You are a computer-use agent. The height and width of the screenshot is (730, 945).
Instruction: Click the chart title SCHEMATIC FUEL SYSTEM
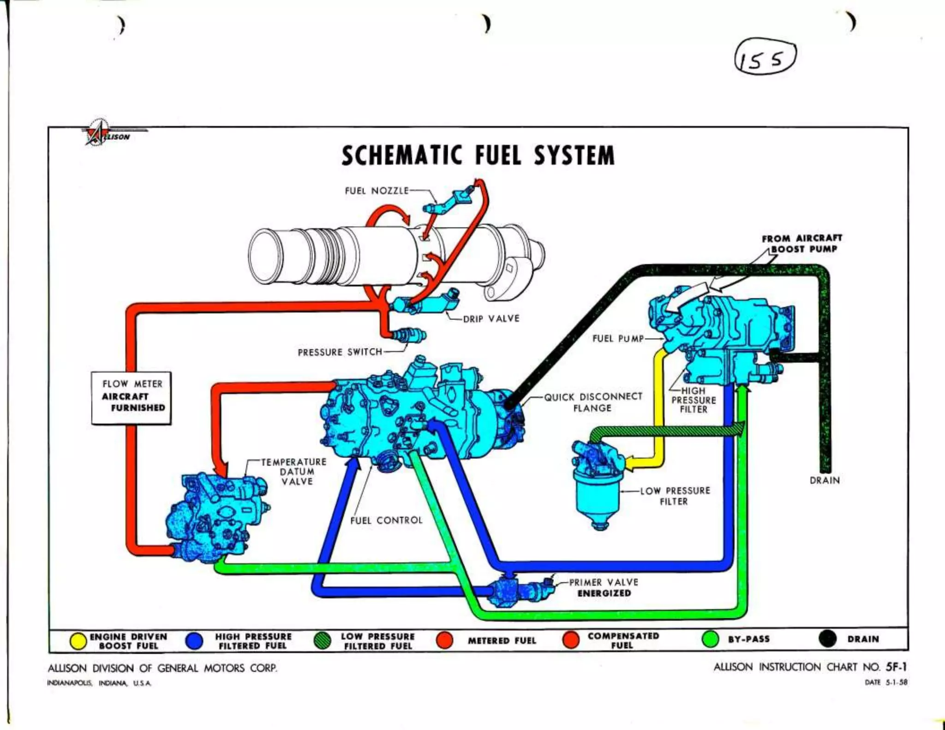478,155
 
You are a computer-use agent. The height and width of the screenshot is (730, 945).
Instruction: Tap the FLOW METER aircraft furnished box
132,397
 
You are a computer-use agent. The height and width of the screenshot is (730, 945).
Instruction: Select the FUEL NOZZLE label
377,191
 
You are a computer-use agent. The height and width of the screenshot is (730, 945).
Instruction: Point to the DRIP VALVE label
491,318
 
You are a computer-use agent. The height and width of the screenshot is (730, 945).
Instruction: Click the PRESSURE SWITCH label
340,352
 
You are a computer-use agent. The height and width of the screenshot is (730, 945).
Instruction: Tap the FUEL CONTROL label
386,520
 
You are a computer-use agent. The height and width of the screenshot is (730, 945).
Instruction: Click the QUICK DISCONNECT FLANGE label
593,402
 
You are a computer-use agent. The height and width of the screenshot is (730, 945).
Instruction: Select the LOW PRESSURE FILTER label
675,496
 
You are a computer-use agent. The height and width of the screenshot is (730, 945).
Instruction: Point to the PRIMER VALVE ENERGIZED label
604,587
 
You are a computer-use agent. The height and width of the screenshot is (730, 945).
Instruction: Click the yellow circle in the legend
78,640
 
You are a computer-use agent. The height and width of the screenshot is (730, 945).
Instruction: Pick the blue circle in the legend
194,640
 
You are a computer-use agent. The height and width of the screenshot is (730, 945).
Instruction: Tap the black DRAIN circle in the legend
828,639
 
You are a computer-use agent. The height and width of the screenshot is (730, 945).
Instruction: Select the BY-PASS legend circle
710,639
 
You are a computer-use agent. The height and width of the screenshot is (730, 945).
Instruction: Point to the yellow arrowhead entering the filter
630,463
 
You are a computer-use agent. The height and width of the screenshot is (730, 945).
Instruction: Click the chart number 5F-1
896,667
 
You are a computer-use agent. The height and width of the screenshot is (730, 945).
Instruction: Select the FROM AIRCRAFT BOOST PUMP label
802,244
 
